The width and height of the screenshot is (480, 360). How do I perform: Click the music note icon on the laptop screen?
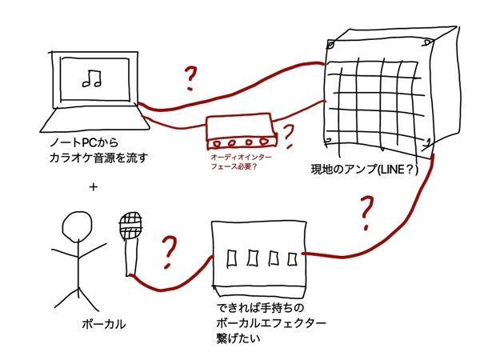point(90,78)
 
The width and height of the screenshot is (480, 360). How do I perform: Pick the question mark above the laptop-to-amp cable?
point(190,78)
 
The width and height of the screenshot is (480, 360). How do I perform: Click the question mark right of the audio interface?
point(290,132)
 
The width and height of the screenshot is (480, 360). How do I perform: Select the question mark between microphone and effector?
point(170,253)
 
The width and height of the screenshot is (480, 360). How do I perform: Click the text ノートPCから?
point(78,143)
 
